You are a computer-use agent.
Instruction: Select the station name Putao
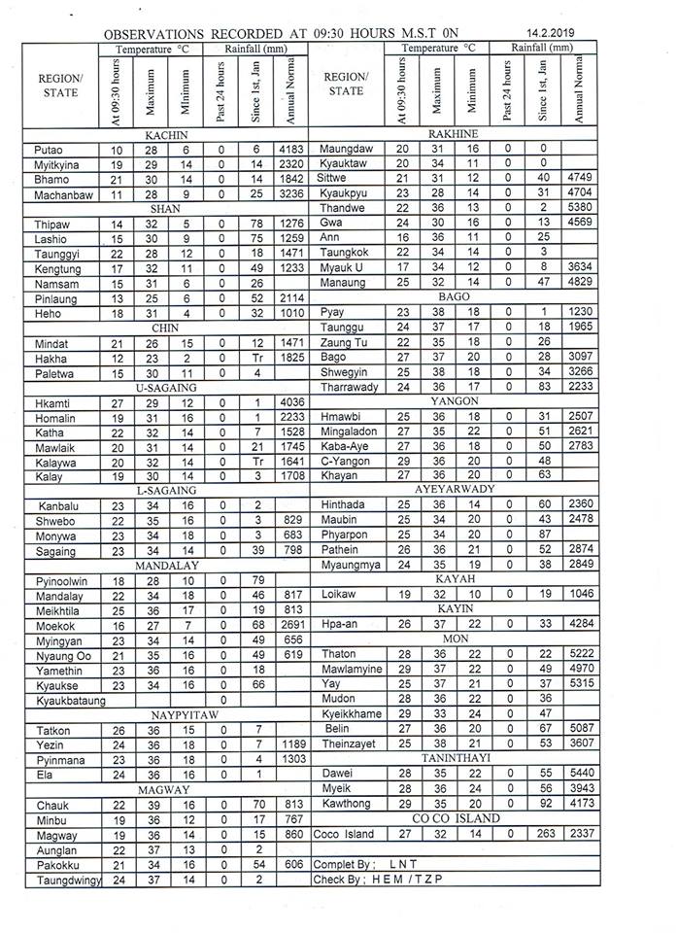47,150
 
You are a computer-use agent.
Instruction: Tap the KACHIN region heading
166,134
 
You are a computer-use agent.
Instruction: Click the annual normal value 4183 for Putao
290,150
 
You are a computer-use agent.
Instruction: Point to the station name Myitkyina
54,165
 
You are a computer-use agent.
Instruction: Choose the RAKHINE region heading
452,133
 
